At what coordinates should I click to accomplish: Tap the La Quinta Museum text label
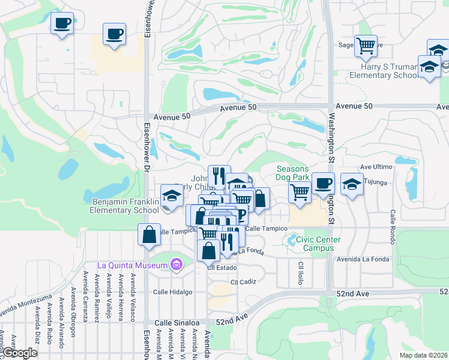pos(134,265)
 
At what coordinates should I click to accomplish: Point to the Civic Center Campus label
pos(318,244)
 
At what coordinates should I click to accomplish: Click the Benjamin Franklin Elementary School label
pos(124,206)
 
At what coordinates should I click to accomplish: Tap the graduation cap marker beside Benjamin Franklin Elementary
pos(172,196)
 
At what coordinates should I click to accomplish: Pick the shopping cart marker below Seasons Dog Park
pos(299,192)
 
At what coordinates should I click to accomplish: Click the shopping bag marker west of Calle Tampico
pos(149,234)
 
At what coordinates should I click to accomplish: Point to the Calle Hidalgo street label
pos(172,292)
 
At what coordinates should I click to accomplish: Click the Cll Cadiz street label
pos(243,281)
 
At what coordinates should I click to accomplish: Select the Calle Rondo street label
pos(392,223)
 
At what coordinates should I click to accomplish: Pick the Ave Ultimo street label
pos(376,166)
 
